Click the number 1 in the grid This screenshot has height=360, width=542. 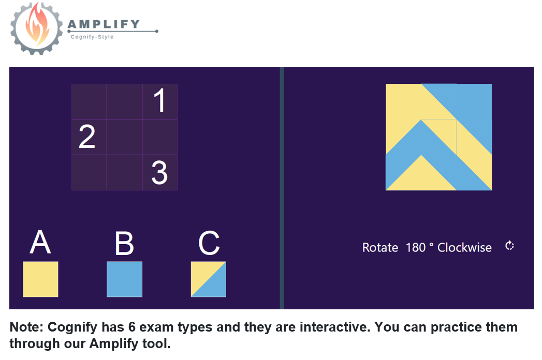(159, 100)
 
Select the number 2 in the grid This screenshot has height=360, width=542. (87, 137)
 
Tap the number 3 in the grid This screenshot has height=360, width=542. (159, 172)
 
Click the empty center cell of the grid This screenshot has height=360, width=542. (124, 137)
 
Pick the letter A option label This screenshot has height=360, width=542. (40, 242)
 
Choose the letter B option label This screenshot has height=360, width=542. (124, 243)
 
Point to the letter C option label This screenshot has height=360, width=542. (209, 243)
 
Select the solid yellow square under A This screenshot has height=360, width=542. (40, 279)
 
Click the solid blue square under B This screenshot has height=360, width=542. (124, 279)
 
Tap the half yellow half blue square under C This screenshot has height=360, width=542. (209, 279)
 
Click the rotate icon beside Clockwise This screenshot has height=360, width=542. (509, 246)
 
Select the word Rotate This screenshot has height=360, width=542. (380, 248)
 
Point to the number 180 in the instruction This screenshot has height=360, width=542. (416, 248)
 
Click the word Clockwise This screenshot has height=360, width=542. (464, 247)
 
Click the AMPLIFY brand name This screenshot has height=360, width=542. (104, 24)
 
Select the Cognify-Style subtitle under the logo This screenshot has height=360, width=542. (92, 37)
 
